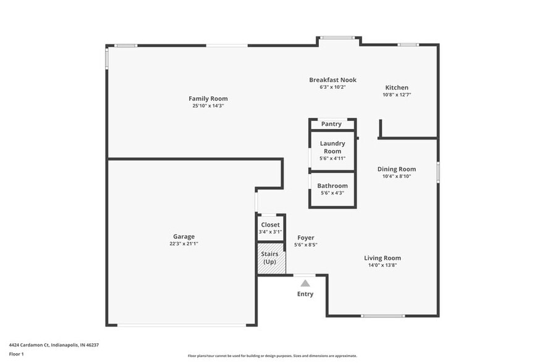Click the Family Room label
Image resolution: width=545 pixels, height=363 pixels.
208,99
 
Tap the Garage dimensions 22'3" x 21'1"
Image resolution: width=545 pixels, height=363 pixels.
184,244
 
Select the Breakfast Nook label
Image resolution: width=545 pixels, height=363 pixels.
332,80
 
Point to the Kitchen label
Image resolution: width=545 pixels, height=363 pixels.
397,88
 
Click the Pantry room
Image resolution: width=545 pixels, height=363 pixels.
332,124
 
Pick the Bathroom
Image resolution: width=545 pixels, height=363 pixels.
332,189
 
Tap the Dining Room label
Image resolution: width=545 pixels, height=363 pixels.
397,169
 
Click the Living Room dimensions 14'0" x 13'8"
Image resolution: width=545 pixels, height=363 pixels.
382,265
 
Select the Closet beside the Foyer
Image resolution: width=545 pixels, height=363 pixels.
270,227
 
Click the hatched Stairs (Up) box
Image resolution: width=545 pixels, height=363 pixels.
270,259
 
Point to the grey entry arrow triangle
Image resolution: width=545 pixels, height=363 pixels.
305,283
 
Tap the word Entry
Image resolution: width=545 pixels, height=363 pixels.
305,294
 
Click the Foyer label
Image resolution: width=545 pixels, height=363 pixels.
305,238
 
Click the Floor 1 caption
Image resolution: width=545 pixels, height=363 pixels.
17,354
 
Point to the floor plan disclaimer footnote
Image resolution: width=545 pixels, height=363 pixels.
272,356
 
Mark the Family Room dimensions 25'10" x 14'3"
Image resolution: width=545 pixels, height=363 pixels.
208,106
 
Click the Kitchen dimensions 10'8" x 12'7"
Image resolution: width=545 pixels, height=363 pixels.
397,95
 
